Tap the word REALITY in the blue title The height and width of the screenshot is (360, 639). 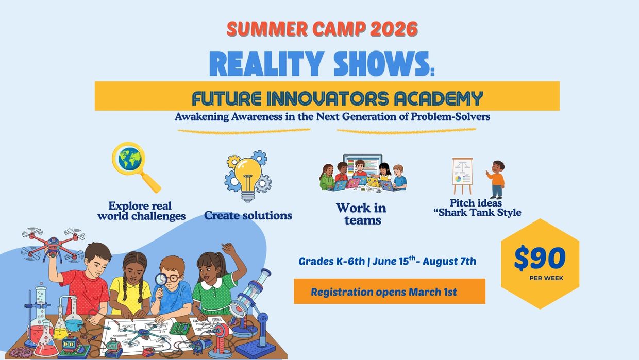coord(267,64)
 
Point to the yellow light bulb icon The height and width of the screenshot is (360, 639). coord(248,178)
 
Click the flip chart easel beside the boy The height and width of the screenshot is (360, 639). coord(462,176)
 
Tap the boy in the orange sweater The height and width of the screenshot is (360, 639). coord(496,180)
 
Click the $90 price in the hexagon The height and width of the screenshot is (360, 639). coord(540,258)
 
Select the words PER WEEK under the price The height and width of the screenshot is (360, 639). coord(546,278)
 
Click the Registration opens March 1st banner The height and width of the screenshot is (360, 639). coord(390,291)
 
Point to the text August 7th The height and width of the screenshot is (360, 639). coord(449,261)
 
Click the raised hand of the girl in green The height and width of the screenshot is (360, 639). coord(228,249)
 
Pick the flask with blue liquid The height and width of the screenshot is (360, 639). coord(73,315)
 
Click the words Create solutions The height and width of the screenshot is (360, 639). coord(248,215)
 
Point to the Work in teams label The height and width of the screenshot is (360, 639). coord(361,214)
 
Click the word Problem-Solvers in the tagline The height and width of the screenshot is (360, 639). coord(450,116)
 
